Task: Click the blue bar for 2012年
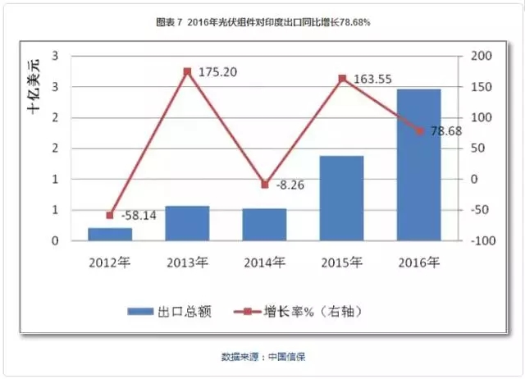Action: (110, 234)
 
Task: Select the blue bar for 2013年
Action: (187, 223)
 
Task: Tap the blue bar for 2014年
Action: (264, 224)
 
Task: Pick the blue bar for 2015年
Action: (341, 198)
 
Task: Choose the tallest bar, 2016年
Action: (418, 164)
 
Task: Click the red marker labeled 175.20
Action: (187, 71)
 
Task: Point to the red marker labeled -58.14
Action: (110, 215)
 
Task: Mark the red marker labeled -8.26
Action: (264, 185)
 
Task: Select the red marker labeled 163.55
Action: (341, 79)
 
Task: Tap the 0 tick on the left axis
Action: (55, 240)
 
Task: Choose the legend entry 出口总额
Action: (174, 311)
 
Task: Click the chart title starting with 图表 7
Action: (262, 22)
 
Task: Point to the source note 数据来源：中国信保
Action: (262, 357)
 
